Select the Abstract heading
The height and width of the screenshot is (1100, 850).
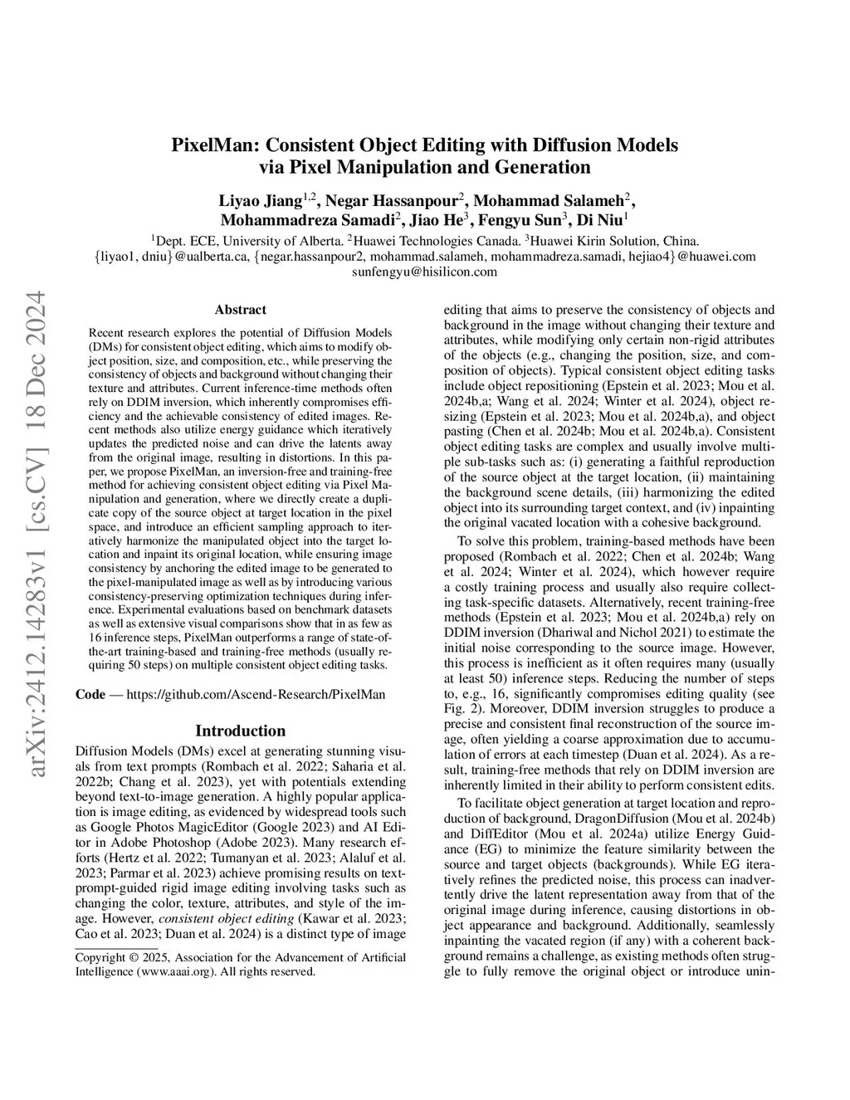(240, 310)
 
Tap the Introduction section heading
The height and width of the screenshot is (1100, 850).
(240, 731)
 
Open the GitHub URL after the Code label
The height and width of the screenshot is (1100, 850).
(255, 694)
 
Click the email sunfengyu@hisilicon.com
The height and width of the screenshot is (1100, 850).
(424, 271)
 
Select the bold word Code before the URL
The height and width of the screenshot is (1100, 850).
(90, 694)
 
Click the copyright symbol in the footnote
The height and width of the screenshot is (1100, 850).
(133, 957)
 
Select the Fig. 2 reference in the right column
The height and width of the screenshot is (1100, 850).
(459, 694)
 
